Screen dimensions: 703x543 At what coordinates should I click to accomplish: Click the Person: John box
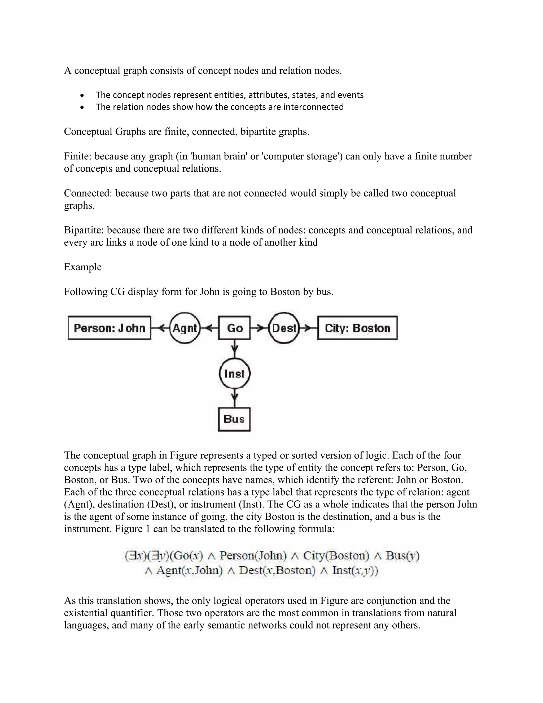[110, 328]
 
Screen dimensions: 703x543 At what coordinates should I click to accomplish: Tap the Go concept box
[234, 328]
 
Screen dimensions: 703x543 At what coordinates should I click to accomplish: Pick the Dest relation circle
[284, 328]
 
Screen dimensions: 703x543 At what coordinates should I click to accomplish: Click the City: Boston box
[357, 328]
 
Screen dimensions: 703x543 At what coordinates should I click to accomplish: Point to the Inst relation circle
[234, 374]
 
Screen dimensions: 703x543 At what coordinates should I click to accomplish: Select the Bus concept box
[234, 419]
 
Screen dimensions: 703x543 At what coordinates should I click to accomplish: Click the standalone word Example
[83, 267]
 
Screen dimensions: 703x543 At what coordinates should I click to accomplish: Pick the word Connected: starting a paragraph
[88, 193]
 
